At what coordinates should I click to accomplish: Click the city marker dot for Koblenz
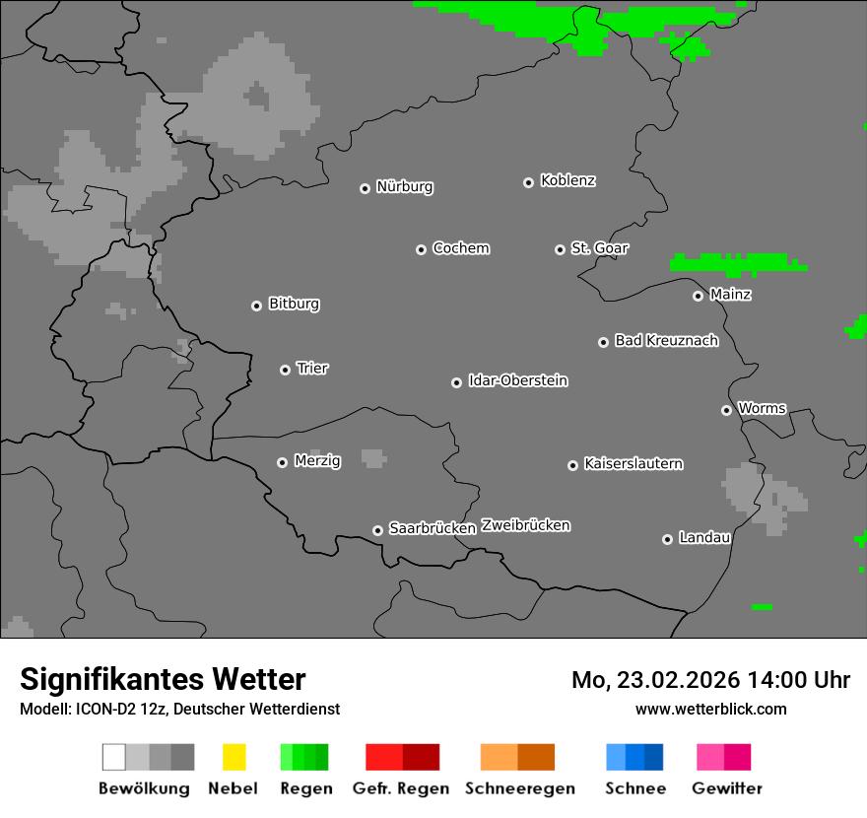pyautogui.click(x=528, y=182)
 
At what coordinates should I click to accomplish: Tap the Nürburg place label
pyautogui.click(x=405, y=187)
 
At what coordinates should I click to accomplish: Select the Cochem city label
pyautogui.click(x=461, y=248)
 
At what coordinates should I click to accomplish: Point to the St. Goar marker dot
pyautogui.click(x=560, y=249)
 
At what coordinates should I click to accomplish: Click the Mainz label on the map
pyautogui.click(x=730, y=295)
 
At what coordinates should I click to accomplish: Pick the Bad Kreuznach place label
pyautogui.click(x=666, y=341)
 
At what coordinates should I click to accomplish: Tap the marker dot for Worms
pyautogui.click(x=726, y=410)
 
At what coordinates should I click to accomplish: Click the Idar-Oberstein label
pyautogui.click(x=518, y=381)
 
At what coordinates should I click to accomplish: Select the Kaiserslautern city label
pyautogui.click(x=634, y=464)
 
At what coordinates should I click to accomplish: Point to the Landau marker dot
pyautogui.click(x=667, y=539)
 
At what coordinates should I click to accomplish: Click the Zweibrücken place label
pyautogui.click(x=526, y=525)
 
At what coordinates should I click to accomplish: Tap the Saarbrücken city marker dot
pyautogui.click(x=377, y=530)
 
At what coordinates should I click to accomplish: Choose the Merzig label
pyautogui.click(x=317, y=461)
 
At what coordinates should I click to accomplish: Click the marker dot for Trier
pyautogui.click(x=285, y=370)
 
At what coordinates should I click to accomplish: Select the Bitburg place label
pyautogui.click(x=294, y=305)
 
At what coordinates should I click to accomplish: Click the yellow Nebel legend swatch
pyautogui.click(x=233, y=757)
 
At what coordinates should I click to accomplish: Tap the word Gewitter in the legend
pyautogui.click(x=727, y=788)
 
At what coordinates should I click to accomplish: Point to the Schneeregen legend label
pyautogui.click(x=519, y=788)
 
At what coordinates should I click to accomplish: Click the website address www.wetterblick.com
pyautogui.click(x=710, y=709)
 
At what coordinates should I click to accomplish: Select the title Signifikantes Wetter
pyautogui.click(x=163, y=679)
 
